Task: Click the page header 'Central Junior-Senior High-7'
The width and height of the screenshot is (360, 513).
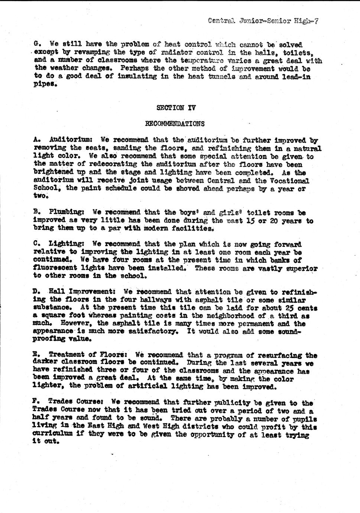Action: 263,21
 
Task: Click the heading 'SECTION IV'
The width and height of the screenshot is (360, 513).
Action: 176,108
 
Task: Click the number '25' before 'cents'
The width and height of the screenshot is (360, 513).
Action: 288,308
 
